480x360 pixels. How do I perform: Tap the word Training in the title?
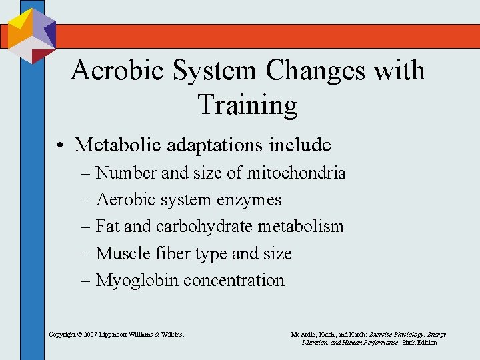(247, 105)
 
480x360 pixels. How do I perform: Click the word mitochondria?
(297, 173)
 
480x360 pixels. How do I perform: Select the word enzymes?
(251, 200)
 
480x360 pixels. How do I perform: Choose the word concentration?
(234, 280)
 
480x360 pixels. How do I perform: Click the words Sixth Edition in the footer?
(419, 342)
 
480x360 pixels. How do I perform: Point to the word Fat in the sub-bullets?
(108, 227)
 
